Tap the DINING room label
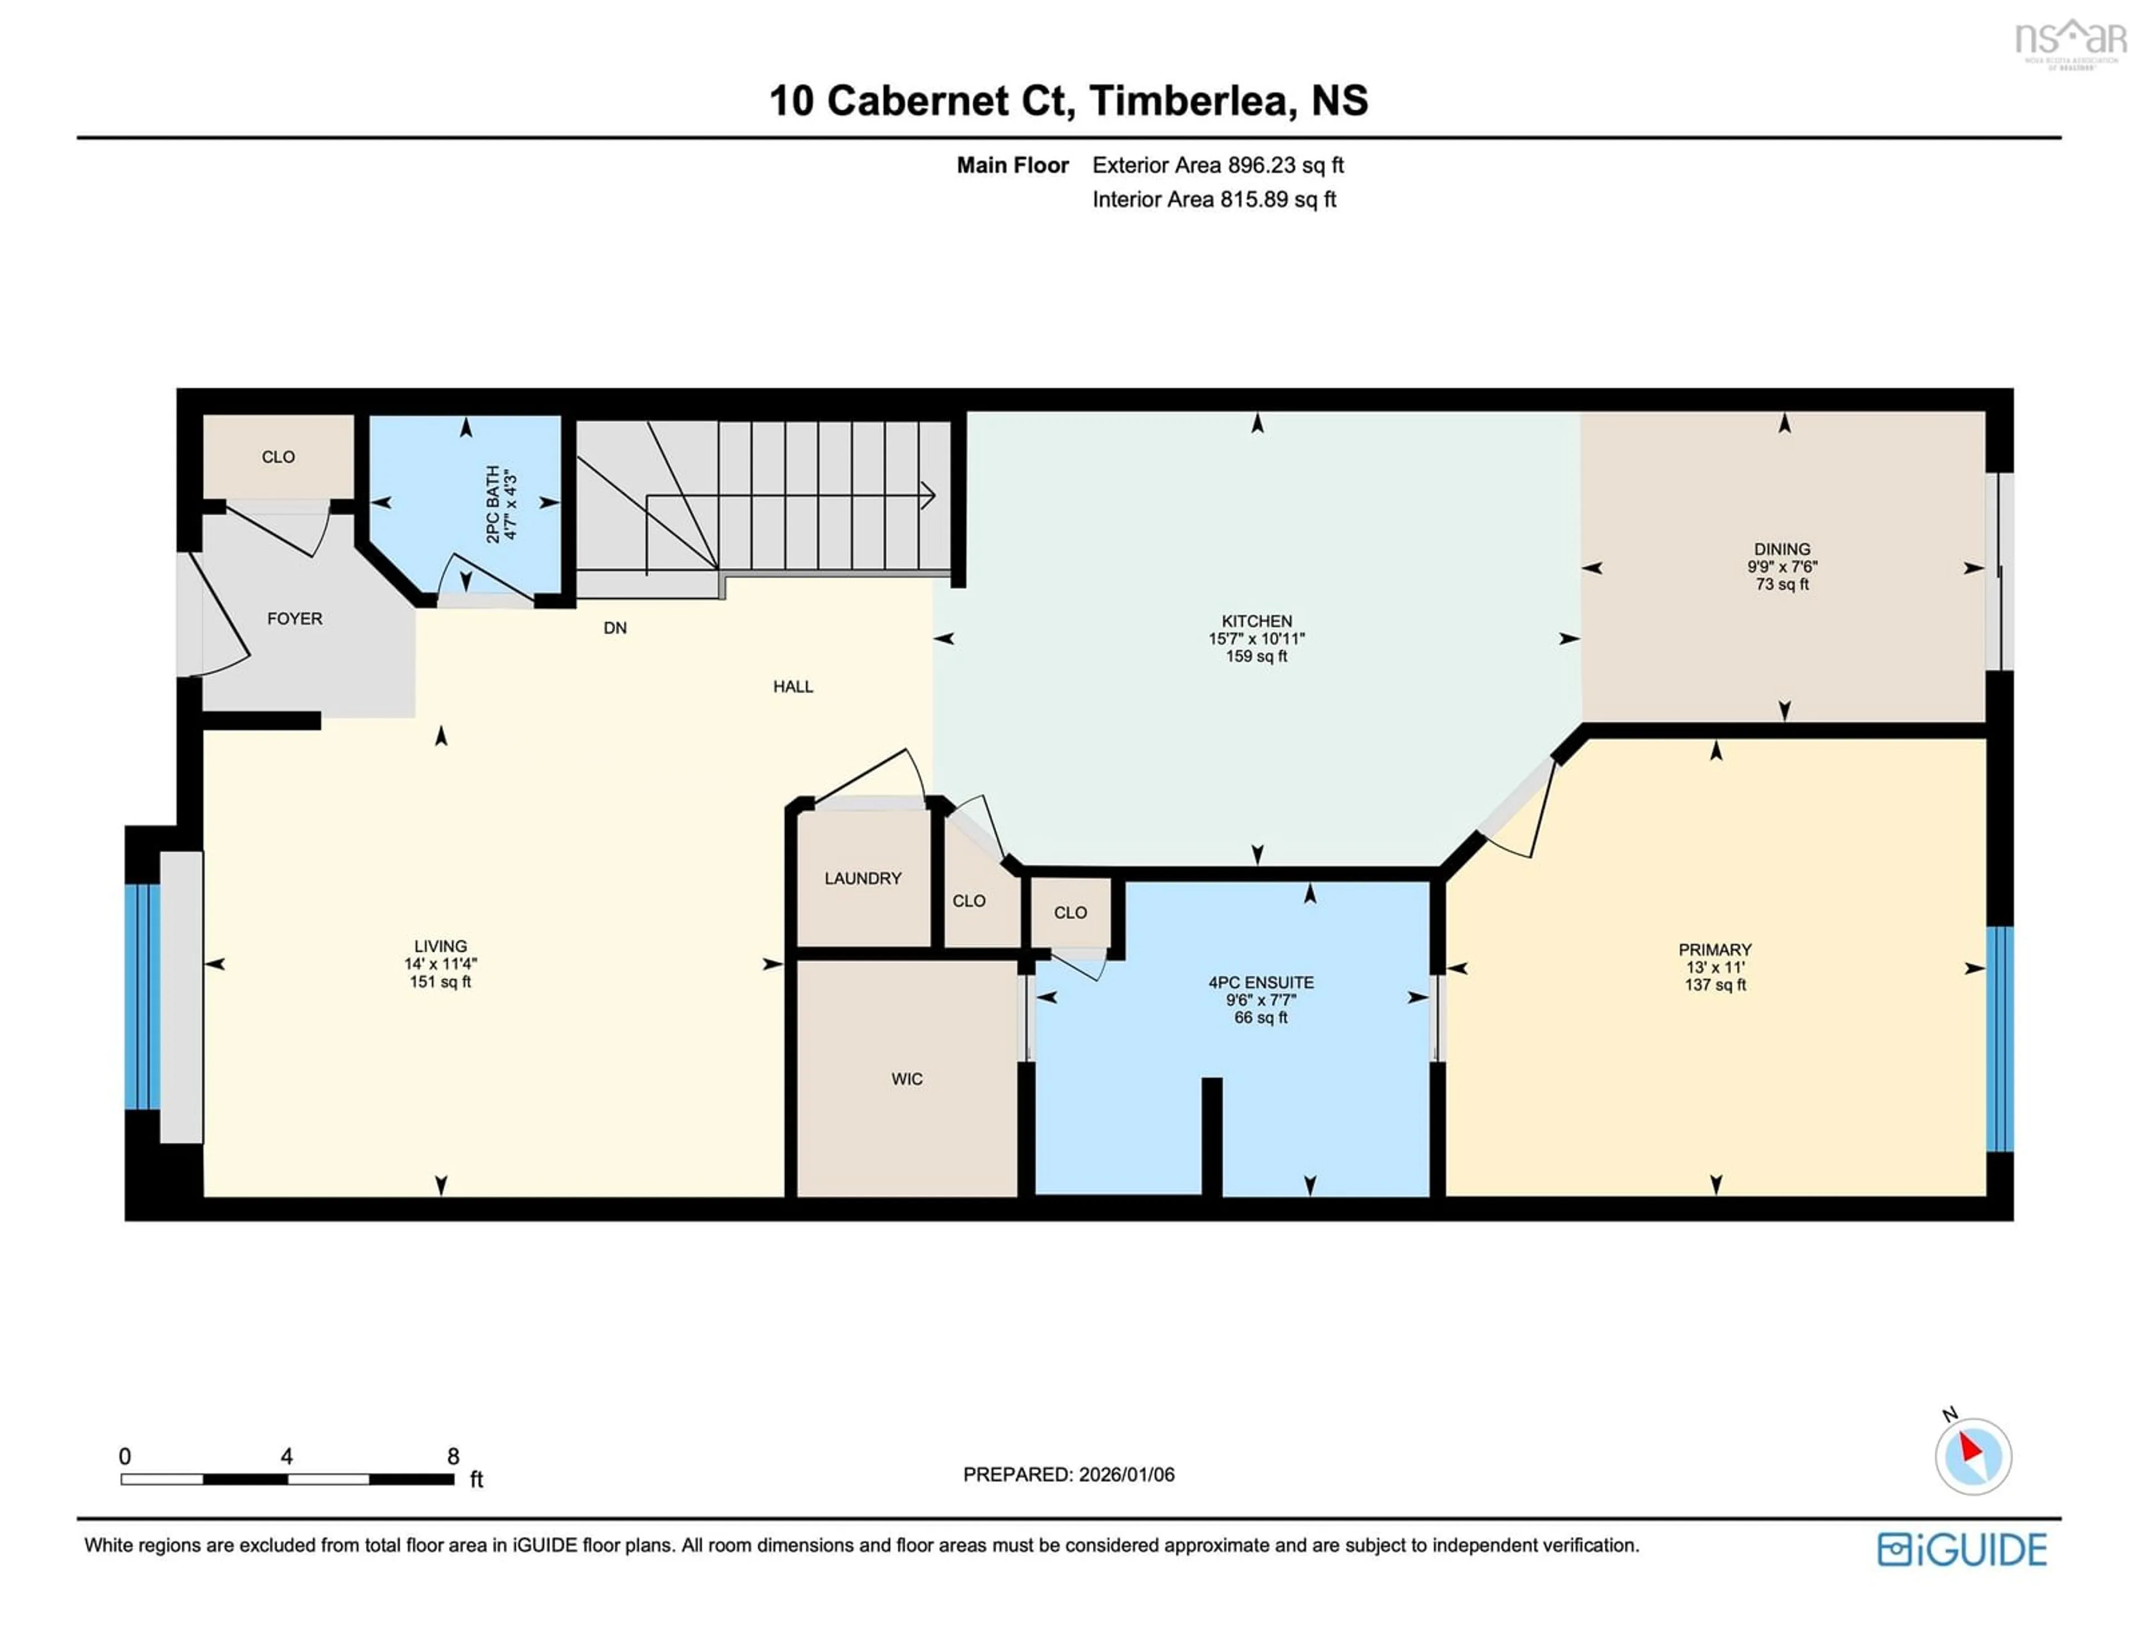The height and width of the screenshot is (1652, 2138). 1782,549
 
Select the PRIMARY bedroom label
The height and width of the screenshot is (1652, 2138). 1714,949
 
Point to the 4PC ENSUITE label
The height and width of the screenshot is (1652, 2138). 1261,982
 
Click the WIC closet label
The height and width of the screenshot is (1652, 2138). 906,1079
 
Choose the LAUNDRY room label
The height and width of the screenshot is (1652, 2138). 862,878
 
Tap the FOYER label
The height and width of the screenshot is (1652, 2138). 295,619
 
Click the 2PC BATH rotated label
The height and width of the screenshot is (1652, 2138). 493,504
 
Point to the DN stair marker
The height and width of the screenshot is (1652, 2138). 615,628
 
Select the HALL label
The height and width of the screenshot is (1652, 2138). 793,686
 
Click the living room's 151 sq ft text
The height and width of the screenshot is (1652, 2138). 440,981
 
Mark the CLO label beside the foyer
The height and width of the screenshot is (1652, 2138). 278,457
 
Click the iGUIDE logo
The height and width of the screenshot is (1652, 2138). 1962,1549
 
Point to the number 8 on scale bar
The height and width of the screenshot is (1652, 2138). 453,1456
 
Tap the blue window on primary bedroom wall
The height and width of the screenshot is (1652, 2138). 1999,1039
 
